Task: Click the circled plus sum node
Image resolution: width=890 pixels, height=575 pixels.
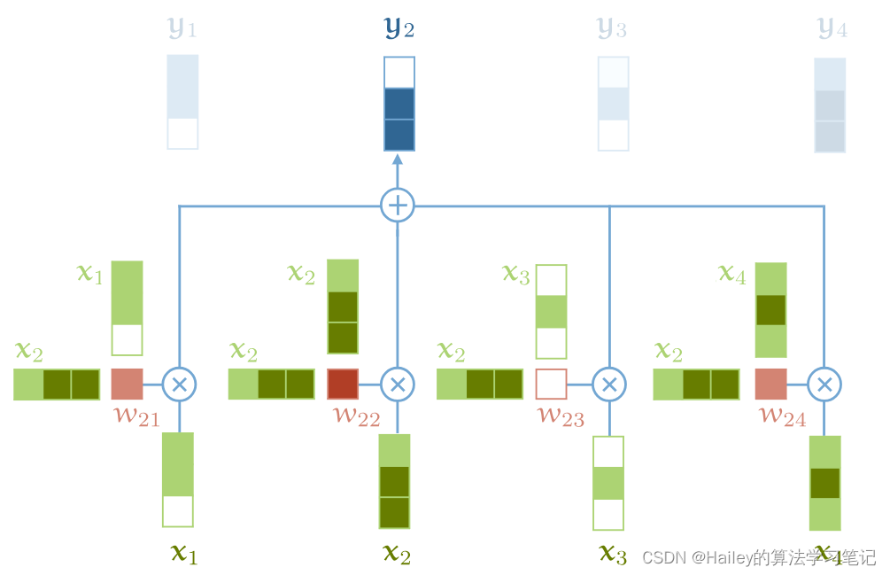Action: (x=398, y=206)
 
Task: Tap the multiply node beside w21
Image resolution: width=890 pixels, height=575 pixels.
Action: (x=180, y=385)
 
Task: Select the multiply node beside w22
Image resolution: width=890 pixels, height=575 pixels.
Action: (x=398, y=385)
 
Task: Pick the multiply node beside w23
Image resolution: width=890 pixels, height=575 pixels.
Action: (x=608, y=385)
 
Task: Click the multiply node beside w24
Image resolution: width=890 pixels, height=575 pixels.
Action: (x=824, y=385)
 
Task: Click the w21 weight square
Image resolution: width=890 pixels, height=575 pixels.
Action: (x=127, y=385)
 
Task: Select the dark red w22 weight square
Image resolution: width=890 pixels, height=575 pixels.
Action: (x=343, y=385)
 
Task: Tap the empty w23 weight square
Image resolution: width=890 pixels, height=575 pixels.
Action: (x=551, y=385)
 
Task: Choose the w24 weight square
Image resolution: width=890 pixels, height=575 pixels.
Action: (x=770, y=385)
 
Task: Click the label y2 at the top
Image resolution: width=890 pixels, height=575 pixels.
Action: (x=399, y=28)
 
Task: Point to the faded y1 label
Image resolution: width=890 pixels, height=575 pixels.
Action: (x=182, y=28)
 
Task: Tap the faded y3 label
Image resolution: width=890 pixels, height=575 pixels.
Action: (x=613, y=28)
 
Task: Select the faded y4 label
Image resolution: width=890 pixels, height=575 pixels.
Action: (x=832, y=28)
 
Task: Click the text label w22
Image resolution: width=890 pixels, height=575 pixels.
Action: (x=356, y=415)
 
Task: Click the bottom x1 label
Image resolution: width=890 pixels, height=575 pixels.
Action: (x=183, y=555)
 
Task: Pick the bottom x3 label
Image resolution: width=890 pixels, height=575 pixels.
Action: (x=613, y=555)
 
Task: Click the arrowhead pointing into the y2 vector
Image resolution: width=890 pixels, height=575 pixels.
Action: (x=398, y=159)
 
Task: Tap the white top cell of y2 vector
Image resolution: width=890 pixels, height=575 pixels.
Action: (x=399, y=73)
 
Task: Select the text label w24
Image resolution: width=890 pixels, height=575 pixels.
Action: (x=783, y=415)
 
